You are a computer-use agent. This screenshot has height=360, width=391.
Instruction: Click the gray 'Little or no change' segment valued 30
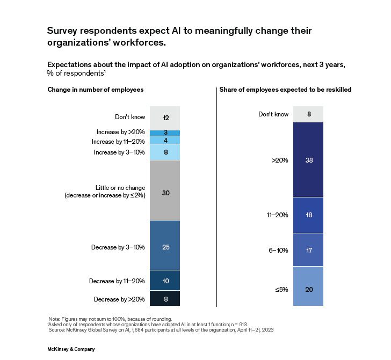pos(165,190)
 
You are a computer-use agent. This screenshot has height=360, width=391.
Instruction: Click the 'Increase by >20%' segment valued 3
pos(165,133)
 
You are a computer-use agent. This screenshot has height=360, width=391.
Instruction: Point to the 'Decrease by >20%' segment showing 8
pos(165,298)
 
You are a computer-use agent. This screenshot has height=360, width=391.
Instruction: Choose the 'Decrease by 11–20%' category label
pos(117,281)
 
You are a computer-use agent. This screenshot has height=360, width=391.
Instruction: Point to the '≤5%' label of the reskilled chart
pos(281,289)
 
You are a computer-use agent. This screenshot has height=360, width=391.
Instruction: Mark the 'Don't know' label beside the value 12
pos(129,117)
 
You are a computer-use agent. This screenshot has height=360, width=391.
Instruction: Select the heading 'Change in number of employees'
pos(95,90)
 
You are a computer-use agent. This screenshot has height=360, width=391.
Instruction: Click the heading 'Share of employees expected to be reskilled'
pos(285,90)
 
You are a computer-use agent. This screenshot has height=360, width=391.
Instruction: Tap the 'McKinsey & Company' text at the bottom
pos(71,349)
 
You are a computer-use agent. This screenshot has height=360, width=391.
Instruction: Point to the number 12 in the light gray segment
pos(165,117)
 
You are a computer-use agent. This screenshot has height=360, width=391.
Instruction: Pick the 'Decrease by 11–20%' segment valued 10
pos(165,281)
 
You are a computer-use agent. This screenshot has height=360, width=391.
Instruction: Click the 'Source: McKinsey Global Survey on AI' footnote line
pos(161,330)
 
